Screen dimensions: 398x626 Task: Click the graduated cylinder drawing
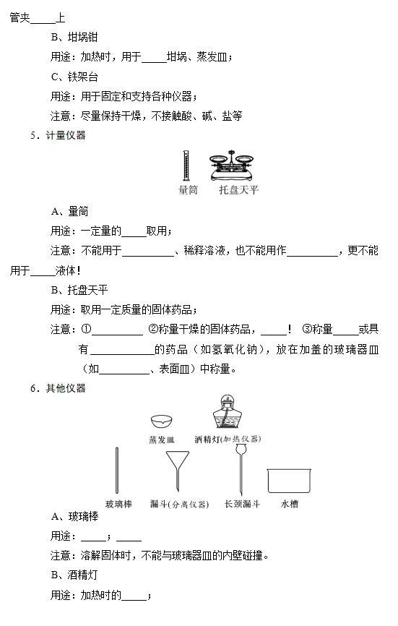point(186,166)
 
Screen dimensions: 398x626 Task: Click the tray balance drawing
point(232,166)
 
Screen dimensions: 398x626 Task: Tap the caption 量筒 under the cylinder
point(188,189)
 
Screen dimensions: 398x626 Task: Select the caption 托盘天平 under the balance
point(239,189)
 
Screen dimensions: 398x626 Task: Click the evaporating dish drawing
point(162,421)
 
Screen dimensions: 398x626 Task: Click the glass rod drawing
point(117,471)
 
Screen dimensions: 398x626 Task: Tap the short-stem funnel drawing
point(178,471)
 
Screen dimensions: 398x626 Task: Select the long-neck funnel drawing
point(241,471)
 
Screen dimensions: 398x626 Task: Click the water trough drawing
point(289,481)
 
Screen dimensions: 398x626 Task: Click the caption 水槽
point(290,504)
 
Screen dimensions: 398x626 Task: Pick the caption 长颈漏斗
point(242,504)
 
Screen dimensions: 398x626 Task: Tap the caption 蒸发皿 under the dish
point(162,440)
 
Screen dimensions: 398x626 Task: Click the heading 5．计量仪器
point(58,135)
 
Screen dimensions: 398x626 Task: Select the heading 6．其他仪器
point(58,388)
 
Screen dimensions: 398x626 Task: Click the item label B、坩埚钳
point(74,37)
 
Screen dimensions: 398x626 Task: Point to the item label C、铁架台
point(74,77)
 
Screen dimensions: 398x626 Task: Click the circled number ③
point(307,329)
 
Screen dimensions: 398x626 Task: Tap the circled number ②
point(154,329)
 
